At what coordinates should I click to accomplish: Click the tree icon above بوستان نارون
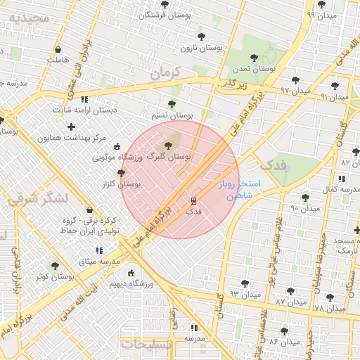(202, 37)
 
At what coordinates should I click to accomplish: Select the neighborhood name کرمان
(165, 72)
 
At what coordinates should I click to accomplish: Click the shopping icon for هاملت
(57, 49)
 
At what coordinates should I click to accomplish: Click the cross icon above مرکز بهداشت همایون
(70, 127)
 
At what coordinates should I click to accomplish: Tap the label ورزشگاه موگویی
(118, 158)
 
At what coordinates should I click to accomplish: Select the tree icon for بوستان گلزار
(121, 172)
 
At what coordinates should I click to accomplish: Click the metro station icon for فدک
(193, 200)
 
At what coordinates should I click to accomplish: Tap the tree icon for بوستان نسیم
(172, 104)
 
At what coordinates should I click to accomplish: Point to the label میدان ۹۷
(295, 91)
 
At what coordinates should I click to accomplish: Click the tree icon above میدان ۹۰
(305, 198)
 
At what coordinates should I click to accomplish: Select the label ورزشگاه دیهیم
(131, 284)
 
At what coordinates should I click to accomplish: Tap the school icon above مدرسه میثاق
(99, 250)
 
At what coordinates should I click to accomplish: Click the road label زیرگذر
(235, 84)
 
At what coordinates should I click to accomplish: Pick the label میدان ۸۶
(284, 341)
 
